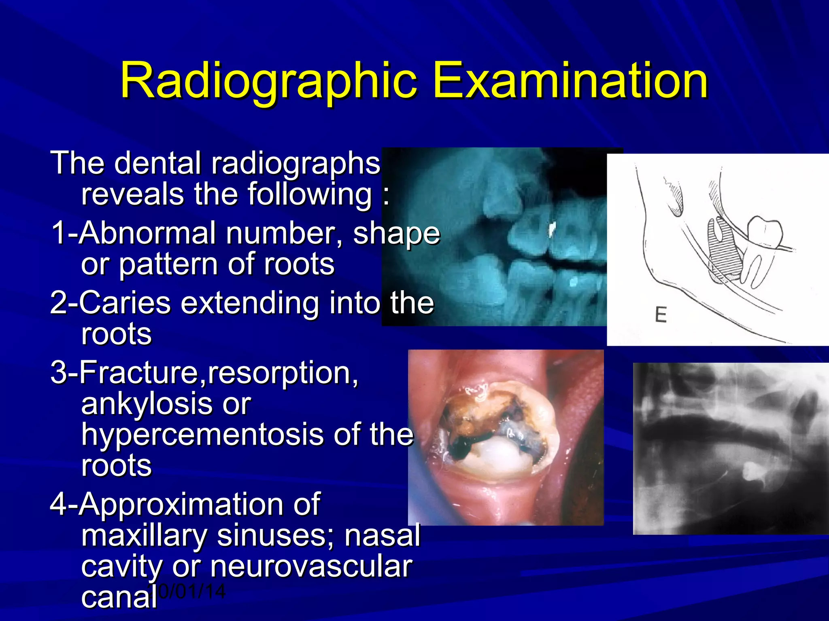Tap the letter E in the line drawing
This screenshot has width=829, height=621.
point(661,315)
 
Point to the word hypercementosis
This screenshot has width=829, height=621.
point(202,435)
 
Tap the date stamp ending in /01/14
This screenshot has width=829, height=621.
point(192,591)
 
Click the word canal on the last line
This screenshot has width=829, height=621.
point(119,598)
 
